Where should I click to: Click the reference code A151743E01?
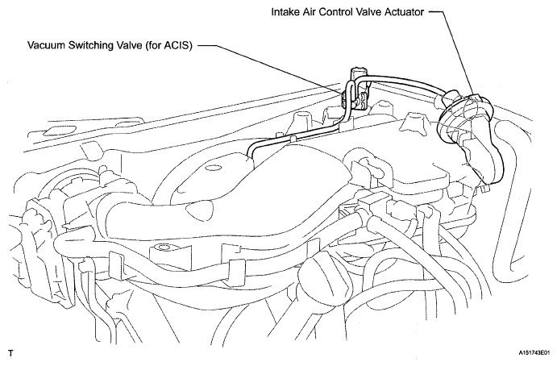pos(534,353)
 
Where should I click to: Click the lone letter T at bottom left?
pos(11,354)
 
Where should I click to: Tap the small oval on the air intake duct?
pos(213,168)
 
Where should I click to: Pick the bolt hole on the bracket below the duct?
pos(164,246)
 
